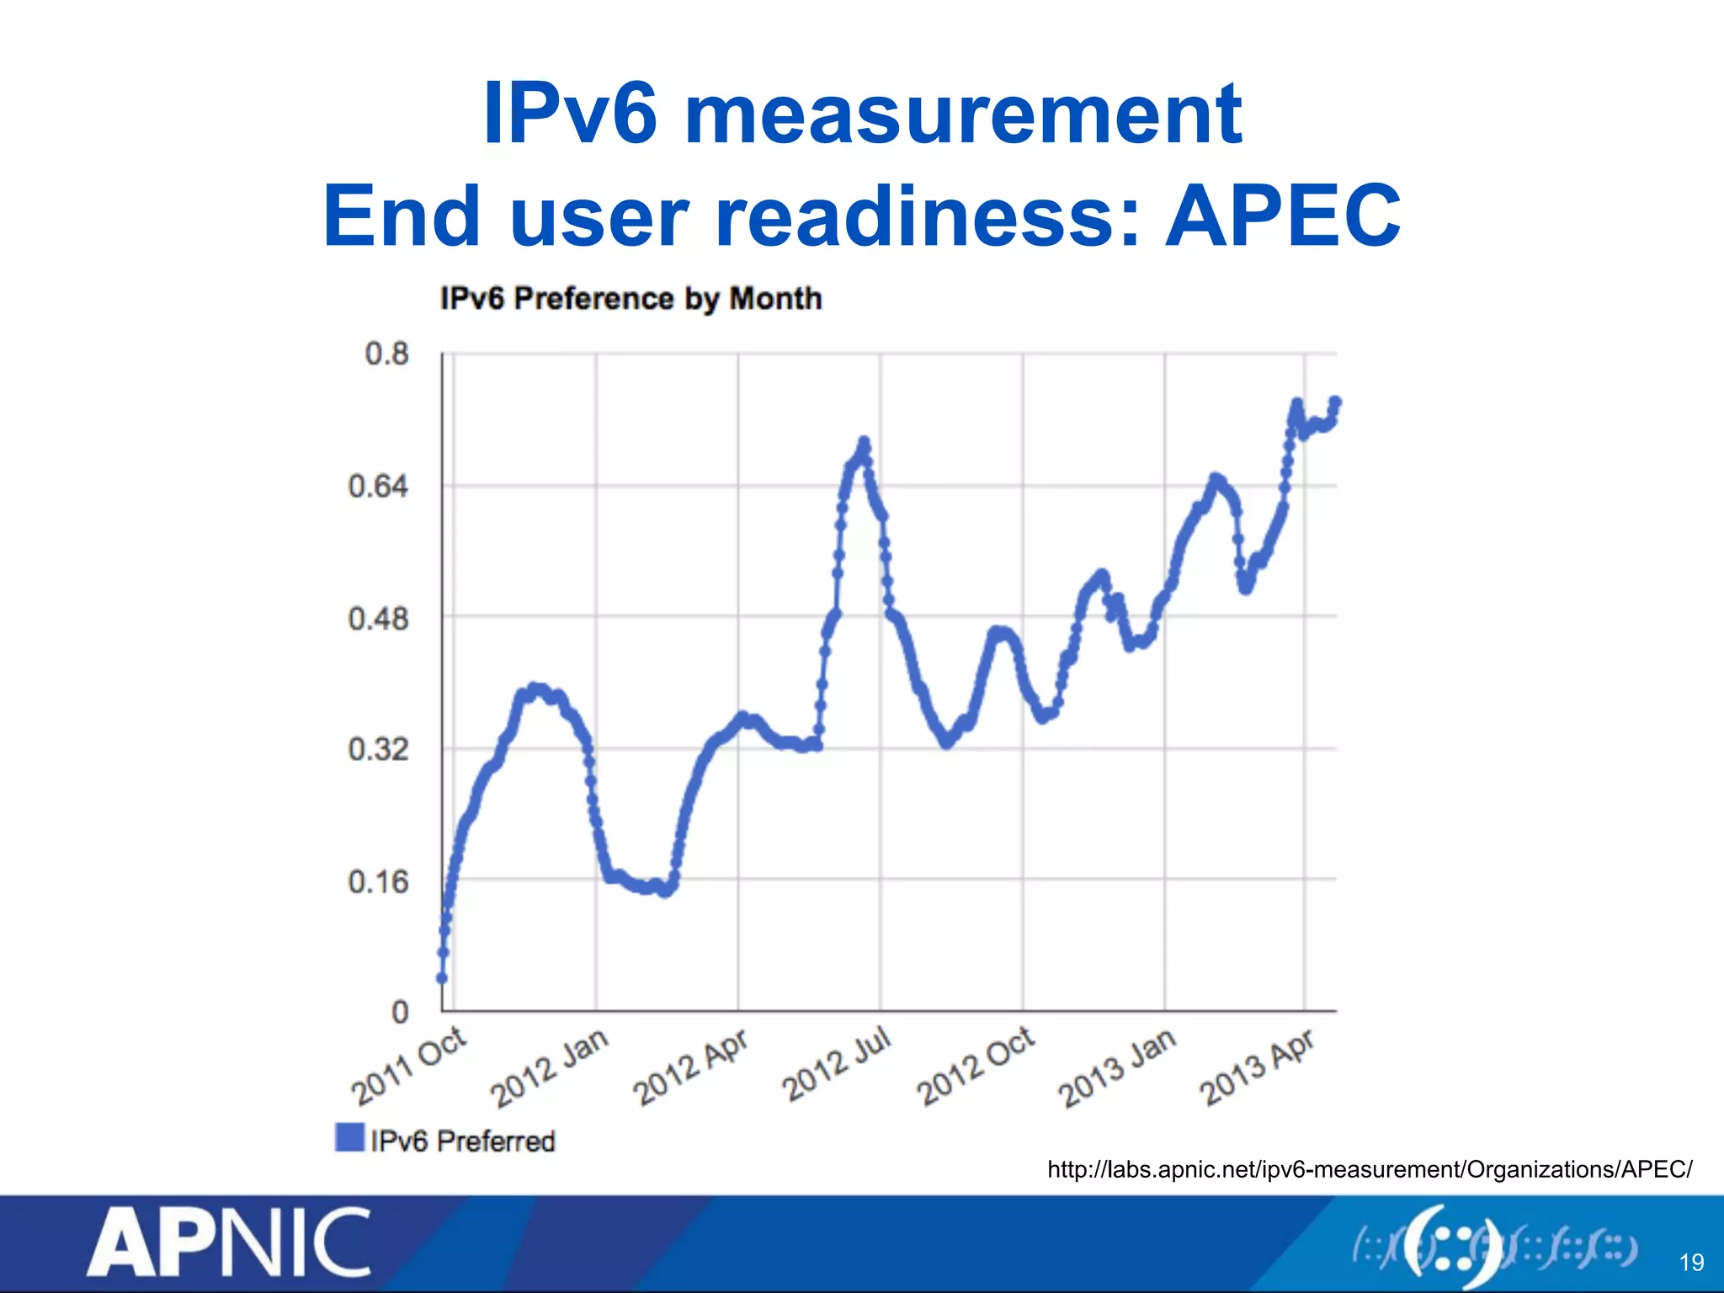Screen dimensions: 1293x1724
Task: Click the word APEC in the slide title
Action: click(1283, 216)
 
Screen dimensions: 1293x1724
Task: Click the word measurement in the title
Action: click(963, 114)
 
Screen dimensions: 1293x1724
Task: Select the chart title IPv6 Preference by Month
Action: click(631, 299)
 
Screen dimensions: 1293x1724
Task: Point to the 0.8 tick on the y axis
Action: click(386, 354)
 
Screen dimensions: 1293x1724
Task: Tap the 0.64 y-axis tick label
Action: click(378, 486)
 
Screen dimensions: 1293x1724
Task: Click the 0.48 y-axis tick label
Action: click(378, 619)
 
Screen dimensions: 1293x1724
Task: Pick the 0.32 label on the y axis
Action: click(378, 748)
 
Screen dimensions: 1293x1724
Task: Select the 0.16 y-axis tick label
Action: click(378, 881)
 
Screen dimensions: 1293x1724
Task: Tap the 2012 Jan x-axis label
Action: click(551, 1067)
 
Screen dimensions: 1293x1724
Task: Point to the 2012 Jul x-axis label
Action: click(837, 1064)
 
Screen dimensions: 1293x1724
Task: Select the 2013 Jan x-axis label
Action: click(1118, 1067)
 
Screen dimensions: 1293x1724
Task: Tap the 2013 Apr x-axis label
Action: click(1258, 1067)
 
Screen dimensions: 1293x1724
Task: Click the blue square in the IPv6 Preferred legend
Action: click(349, 1137)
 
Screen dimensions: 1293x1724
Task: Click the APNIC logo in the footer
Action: click(228, 1242)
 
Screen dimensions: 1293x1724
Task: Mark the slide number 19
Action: click(1691, 1262)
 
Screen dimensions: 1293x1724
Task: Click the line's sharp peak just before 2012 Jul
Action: click(864, 442)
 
